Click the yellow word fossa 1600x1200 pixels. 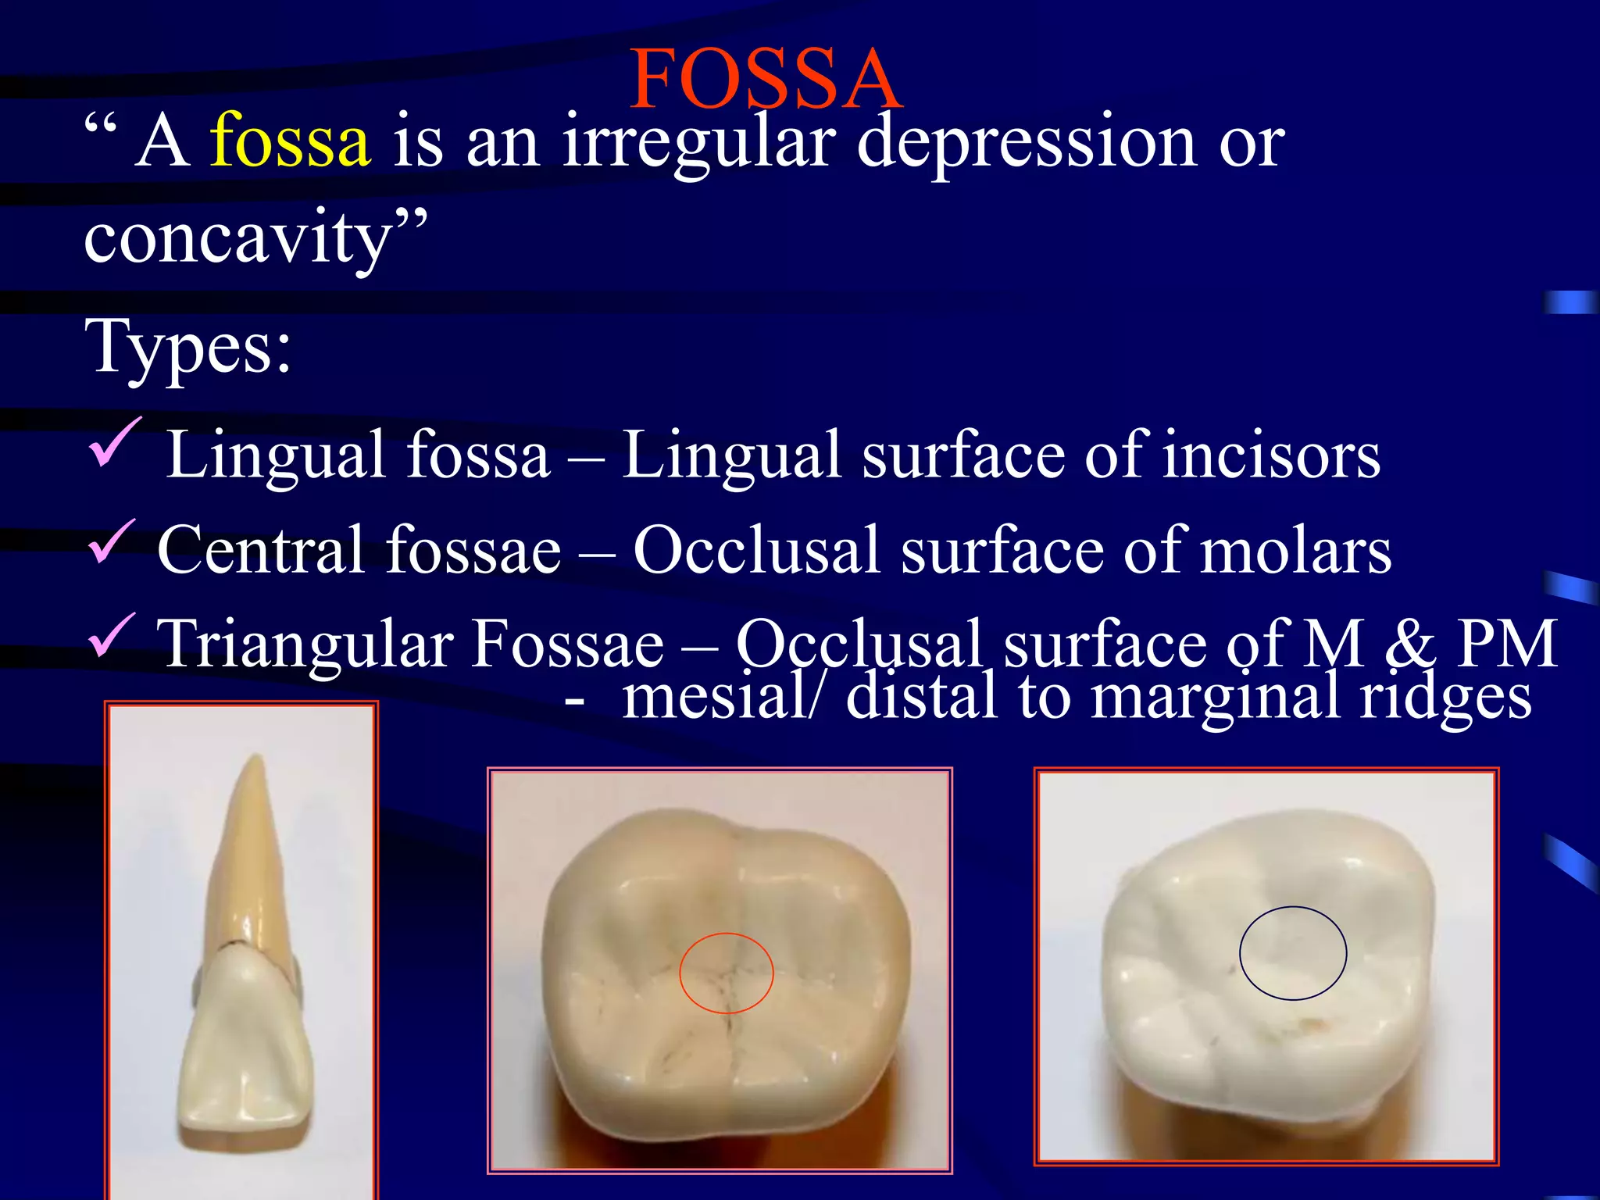point(289,142)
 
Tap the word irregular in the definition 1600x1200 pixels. point(698,144)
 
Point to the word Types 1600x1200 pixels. point(187,347)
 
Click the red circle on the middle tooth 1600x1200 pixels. point(727,934)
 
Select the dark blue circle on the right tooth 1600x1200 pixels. point(1293,908)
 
